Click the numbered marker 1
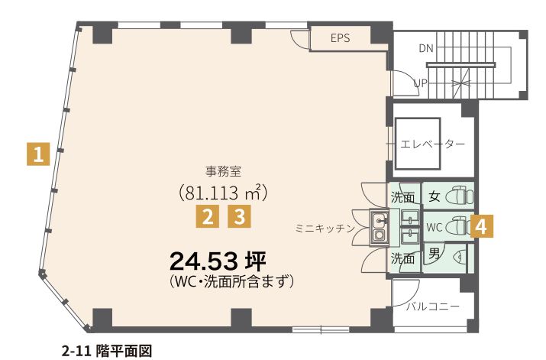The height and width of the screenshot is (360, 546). coord(38,154)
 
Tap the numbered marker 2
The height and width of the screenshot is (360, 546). coord(207,216)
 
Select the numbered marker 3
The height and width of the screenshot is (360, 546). coord(239,216)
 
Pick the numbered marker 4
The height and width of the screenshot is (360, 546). coord(481,227)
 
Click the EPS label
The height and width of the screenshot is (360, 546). coord(341,38)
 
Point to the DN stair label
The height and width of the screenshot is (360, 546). coord(426,48)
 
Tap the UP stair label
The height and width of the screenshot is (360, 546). coord(421,83)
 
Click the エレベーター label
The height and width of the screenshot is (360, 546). coord(432,144)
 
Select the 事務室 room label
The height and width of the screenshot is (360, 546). coord(223,171)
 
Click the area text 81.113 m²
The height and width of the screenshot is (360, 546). coord(223,193)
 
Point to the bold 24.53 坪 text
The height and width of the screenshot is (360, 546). coord(218,261)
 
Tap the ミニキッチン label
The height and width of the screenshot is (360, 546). coord(325,229)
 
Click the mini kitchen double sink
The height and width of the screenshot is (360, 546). coord(379,228)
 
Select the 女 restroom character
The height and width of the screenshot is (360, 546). coord(434,197)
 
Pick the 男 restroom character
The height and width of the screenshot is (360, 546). coord(434,254)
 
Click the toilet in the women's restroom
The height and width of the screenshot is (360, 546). coord(460,196)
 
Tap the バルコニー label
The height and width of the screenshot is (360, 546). coord(433,306)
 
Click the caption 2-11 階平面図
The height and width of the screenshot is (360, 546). coord(107,351)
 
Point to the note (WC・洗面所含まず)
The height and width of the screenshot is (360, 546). coord(231,281)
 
